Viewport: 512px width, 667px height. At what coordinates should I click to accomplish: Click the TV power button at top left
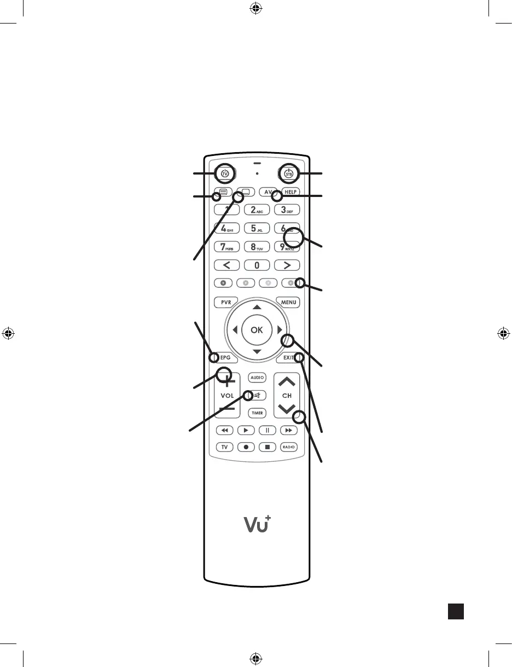tap(225, 173)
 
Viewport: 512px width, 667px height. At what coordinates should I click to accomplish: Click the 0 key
tap(257, 265)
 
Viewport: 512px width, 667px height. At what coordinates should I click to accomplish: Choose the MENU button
tap(288, 303)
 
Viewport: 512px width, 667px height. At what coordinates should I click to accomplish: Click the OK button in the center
tap(257, 330)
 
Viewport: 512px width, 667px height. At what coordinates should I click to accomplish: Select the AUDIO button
tap(257, 378)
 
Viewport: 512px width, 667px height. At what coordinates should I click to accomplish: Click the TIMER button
tap(257, 413)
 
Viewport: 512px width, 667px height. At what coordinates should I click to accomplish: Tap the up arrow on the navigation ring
tap(257, 308)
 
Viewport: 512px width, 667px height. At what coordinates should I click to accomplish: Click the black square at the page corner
tap(456, 611)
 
